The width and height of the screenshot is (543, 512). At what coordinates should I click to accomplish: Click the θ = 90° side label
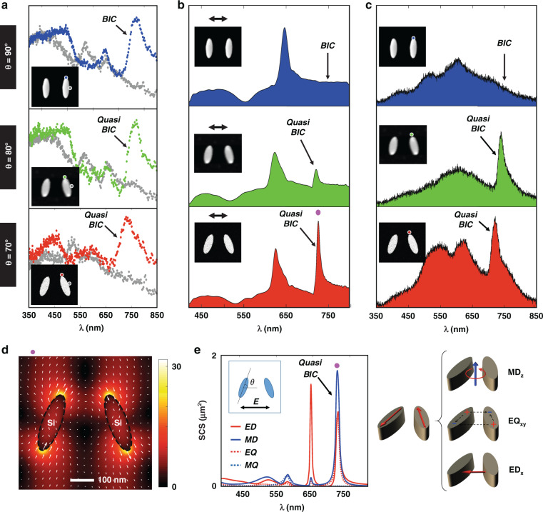tap(8, 57)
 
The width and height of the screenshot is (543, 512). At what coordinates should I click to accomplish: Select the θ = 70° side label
tap(8, 254)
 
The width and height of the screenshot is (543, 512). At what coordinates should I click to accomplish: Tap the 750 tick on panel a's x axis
tap(131, 315)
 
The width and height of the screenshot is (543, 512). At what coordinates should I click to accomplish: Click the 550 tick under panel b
tap(244, 316)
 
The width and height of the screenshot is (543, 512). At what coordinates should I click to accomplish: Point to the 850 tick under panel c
tap(536, 316)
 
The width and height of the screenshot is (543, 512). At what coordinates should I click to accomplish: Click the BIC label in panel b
tap(328, 46)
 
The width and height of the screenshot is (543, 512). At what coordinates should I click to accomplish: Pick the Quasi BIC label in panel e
tap(310, 368)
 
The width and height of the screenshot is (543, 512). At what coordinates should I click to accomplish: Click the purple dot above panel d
tap(33, 352)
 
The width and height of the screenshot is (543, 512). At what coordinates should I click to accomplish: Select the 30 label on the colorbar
tap(176, 366)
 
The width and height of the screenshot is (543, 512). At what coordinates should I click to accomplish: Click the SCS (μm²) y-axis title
tap(202, 421)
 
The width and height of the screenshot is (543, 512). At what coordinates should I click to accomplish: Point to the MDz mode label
tap(515, 373)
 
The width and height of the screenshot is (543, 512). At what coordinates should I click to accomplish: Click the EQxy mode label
tap(517, 421)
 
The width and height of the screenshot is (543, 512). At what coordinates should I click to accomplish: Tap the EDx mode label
tap(517, 471)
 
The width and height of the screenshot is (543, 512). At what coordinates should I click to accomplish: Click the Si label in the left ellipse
tap(51, 423)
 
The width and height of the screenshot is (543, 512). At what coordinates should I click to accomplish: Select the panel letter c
tap(368, 5)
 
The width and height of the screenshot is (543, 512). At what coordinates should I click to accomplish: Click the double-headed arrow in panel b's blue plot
tap(218, 19)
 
